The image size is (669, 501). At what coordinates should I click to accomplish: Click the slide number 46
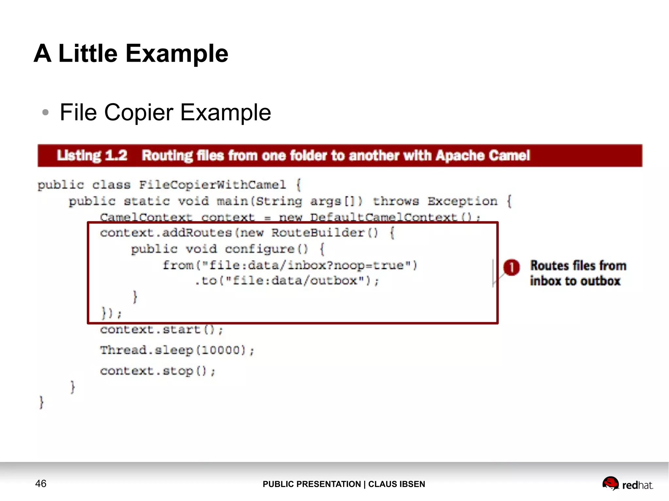(x=41, y=483)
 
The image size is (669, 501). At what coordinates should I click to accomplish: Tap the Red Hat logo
(x=627, y=484)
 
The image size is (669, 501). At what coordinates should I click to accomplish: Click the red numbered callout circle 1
(x=511, y=267)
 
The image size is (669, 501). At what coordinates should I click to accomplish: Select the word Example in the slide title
(x=177, y=54)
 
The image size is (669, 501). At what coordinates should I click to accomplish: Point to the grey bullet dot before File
(x=45, y=113)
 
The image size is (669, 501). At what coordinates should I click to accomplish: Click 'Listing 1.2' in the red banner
(x=92, y=155)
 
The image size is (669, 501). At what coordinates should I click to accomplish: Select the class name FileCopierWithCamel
(x=212, y=185)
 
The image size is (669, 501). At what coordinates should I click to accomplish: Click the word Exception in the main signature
(x=463, y=201)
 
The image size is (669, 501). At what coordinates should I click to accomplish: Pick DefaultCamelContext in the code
(x=383, y=217)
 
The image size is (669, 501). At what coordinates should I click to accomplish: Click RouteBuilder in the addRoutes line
(x=318, y=233)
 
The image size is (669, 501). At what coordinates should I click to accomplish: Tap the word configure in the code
(x=260, y=249)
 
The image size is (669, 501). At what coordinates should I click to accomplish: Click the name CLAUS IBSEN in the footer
(x=397, y=484)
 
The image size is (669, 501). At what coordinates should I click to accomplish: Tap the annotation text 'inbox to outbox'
(x=575, y=281)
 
